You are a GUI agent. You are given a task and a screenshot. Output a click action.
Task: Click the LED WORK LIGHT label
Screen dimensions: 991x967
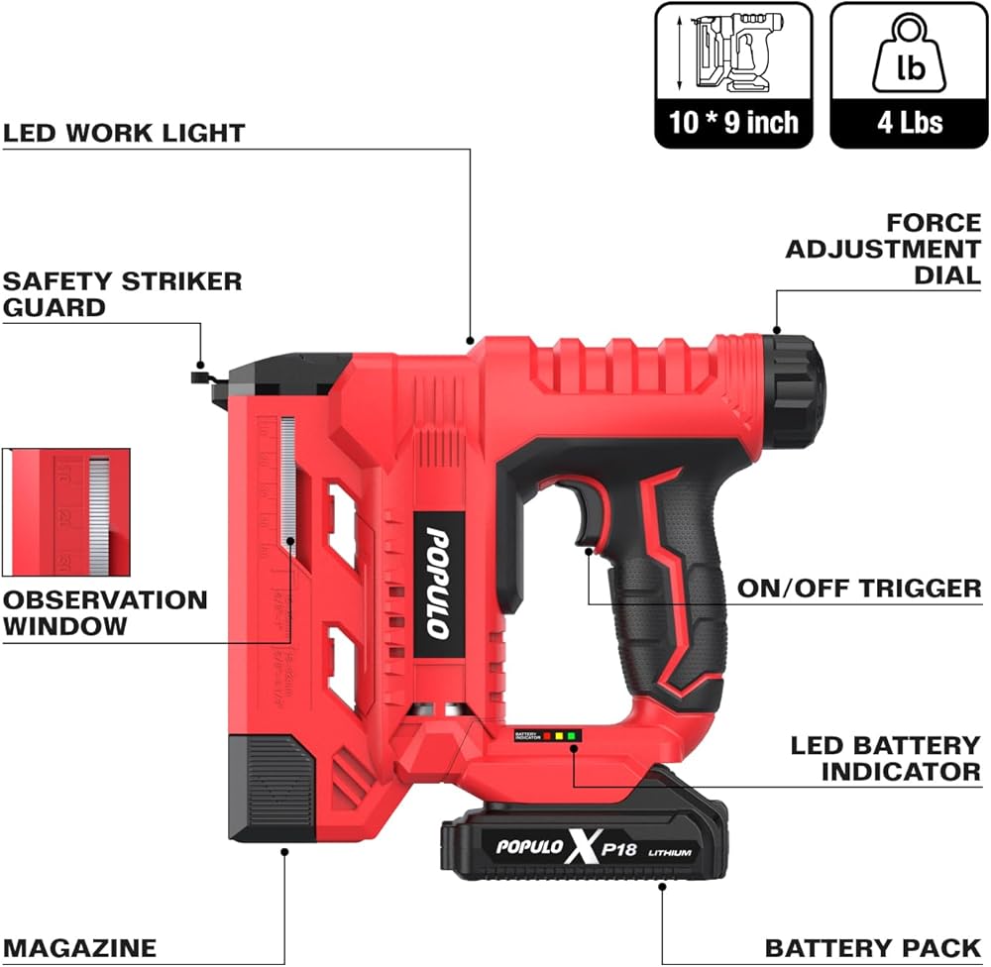point(124,132)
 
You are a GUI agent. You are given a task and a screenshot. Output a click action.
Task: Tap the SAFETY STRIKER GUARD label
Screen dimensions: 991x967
point(122,293)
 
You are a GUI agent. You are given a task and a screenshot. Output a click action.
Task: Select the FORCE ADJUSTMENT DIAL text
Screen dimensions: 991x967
point(883,249)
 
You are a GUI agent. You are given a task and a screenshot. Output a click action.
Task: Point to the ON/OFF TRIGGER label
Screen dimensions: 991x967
point(859,589)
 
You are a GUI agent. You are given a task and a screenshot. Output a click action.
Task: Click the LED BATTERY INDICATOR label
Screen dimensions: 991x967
point(885,758)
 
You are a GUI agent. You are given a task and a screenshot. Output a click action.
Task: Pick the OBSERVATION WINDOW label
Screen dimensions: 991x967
point(105,612)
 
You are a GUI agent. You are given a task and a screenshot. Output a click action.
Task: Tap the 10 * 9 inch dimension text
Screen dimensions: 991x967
point(733,123)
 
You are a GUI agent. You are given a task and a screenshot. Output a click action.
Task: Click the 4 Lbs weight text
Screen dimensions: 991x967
point(909,123)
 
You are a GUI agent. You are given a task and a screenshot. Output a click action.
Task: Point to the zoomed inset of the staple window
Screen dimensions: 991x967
point(66,512)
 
